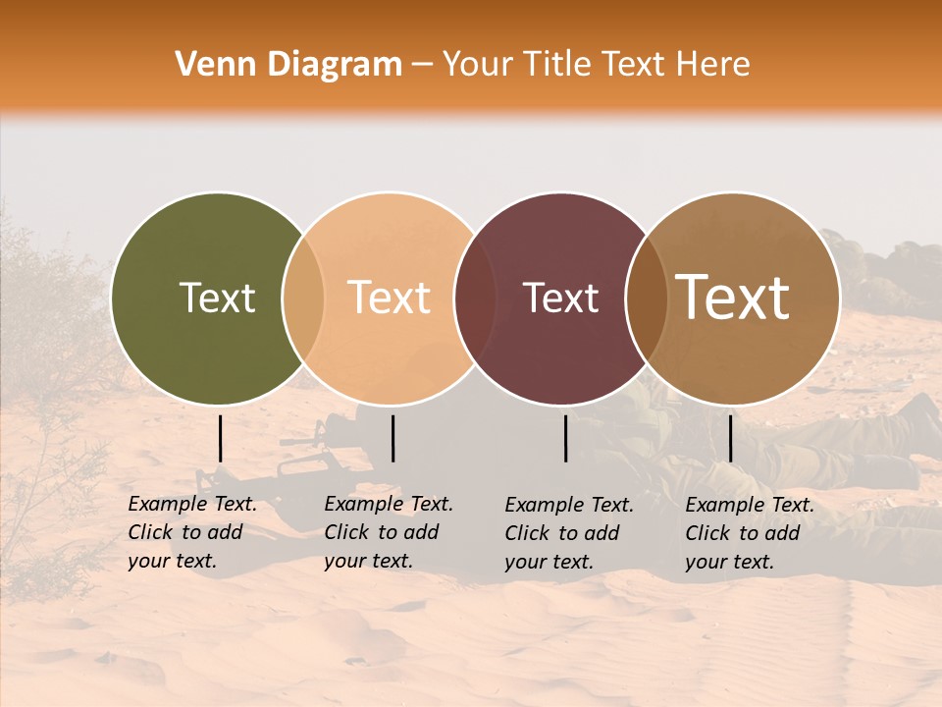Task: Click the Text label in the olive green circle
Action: [x=217, y=298]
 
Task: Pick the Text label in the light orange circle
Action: [x=390, y=298]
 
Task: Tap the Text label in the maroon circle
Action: [x=561, y=298]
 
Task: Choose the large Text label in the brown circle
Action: [x=733, y=298]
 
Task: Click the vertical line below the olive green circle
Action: [x=221, y=438]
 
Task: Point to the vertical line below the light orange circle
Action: [x=392, y=438]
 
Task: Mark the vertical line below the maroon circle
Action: [x=566, y=438]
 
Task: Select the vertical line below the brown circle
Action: [x=731, y=438]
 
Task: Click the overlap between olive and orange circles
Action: [x=303, y=298]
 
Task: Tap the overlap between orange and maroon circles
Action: [x=475, y=298]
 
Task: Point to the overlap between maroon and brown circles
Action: [x=646, y=298]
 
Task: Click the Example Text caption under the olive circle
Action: [x=192, y=532]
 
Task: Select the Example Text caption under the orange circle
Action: [x=389, y=532]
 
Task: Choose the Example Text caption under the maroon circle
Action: [x=569, y=533]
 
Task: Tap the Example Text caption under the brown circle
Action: [x=750, y=533]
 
